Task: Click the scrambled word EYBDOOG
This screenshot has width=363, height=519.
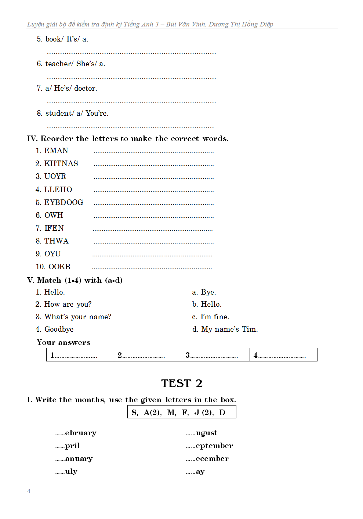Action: [x=63, y=202]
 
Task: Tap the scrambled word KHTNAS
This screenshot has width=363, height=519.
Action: [x=61, y=163]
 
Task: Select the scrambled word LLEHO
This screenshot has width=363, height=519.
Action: [x=58, y=190]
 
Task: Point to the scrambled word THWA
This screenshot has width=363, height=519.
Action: [x=56, y=241]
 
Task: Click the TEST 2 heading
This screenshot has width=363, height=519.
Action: [x=182, y=383]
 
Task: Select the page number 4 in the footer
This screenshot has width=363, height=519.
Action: [x=29, y=491]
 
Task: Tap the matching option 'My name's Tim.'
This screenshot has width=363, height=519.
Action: [x=229, y=329]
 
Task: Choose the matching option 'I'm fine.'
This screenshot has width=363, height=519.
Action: [x=215, y=317]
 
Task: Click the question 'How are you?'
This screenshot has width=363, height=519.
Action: [x=68, y=304]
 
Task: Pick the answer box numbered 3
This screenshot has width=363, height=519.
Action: [x=215, y=355]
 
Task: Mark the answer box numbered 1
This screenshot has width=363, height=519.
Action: [x=80, y=355]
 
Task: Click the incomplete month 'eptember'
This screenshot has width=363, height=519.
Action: [x=214, y=446]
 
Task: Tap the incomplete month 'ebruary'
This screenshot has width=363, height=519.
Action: [x=80, y=433]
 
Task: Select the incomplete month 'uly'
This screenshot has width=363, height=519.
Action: [x=71, y=471]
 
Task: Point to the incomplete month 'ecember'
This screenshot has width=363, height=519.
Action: [x=212, y=458]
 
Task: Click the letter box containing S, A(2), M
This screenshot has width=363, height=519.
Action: [x=182, y=412]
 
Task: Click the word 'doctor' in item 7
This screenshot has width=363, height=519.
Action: [x=86, y=88]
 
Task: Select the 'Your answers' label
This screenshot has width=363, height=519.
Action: [x=63, y=342]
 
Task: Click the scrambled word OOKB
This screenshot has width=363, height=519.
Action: [x=59, y=267]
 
